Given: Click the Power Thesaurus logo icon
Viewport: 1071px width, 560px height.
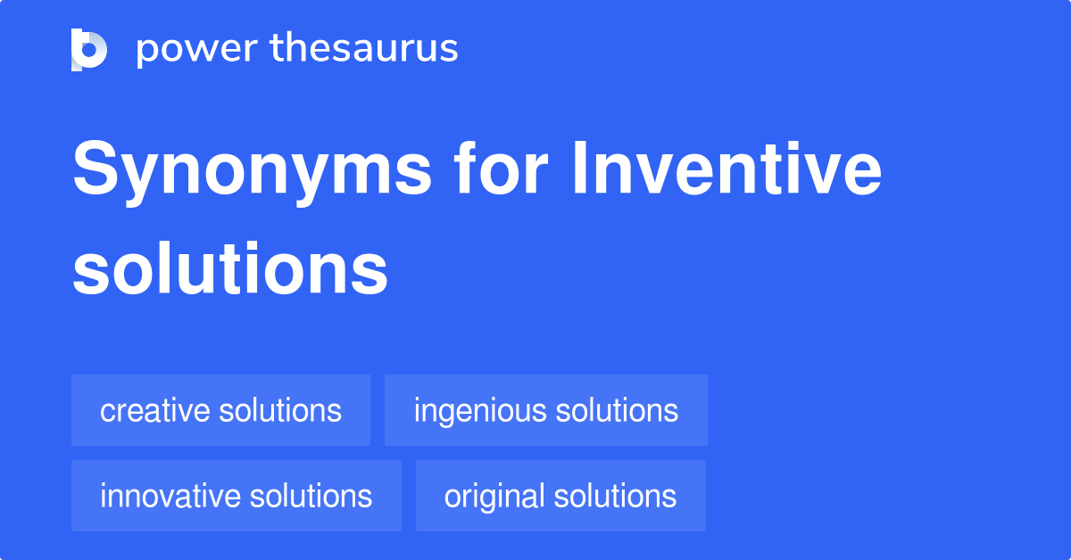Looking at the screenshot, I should (89, 49).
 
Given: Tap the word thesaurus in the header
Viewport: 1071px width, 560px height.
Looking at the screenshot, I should (364, 49).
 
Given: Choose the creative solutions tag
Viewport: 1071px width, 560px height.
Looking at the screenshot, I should (220, 410).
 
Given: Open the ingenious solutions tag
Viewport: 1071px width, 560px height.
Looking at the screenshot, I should (545, 410).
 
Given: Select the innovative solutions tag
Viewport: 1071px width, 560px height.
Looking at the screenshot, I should (236, 496).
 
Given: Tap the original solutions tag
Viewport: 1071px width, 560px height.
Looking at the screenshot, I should (560, 496).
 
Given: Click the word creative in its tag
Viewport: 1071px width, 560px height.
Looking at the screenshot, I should (156, 410).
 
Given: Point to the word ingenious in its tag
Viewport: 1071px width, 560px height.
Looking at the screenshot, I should (480, 410).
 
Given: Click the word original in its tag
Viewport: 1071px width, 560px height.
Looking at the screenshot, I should (494, 496).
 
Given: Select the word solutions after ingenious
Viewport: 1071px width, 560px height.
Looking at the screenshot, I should (617, 410).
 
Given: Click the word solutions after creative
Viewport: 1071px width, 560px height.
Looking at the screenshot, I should (282, 410).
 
